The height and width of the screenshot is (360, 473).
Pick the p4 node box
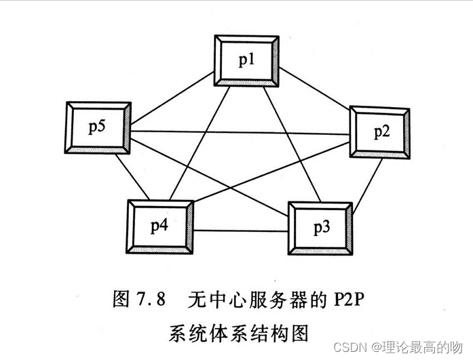(159, 226)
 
